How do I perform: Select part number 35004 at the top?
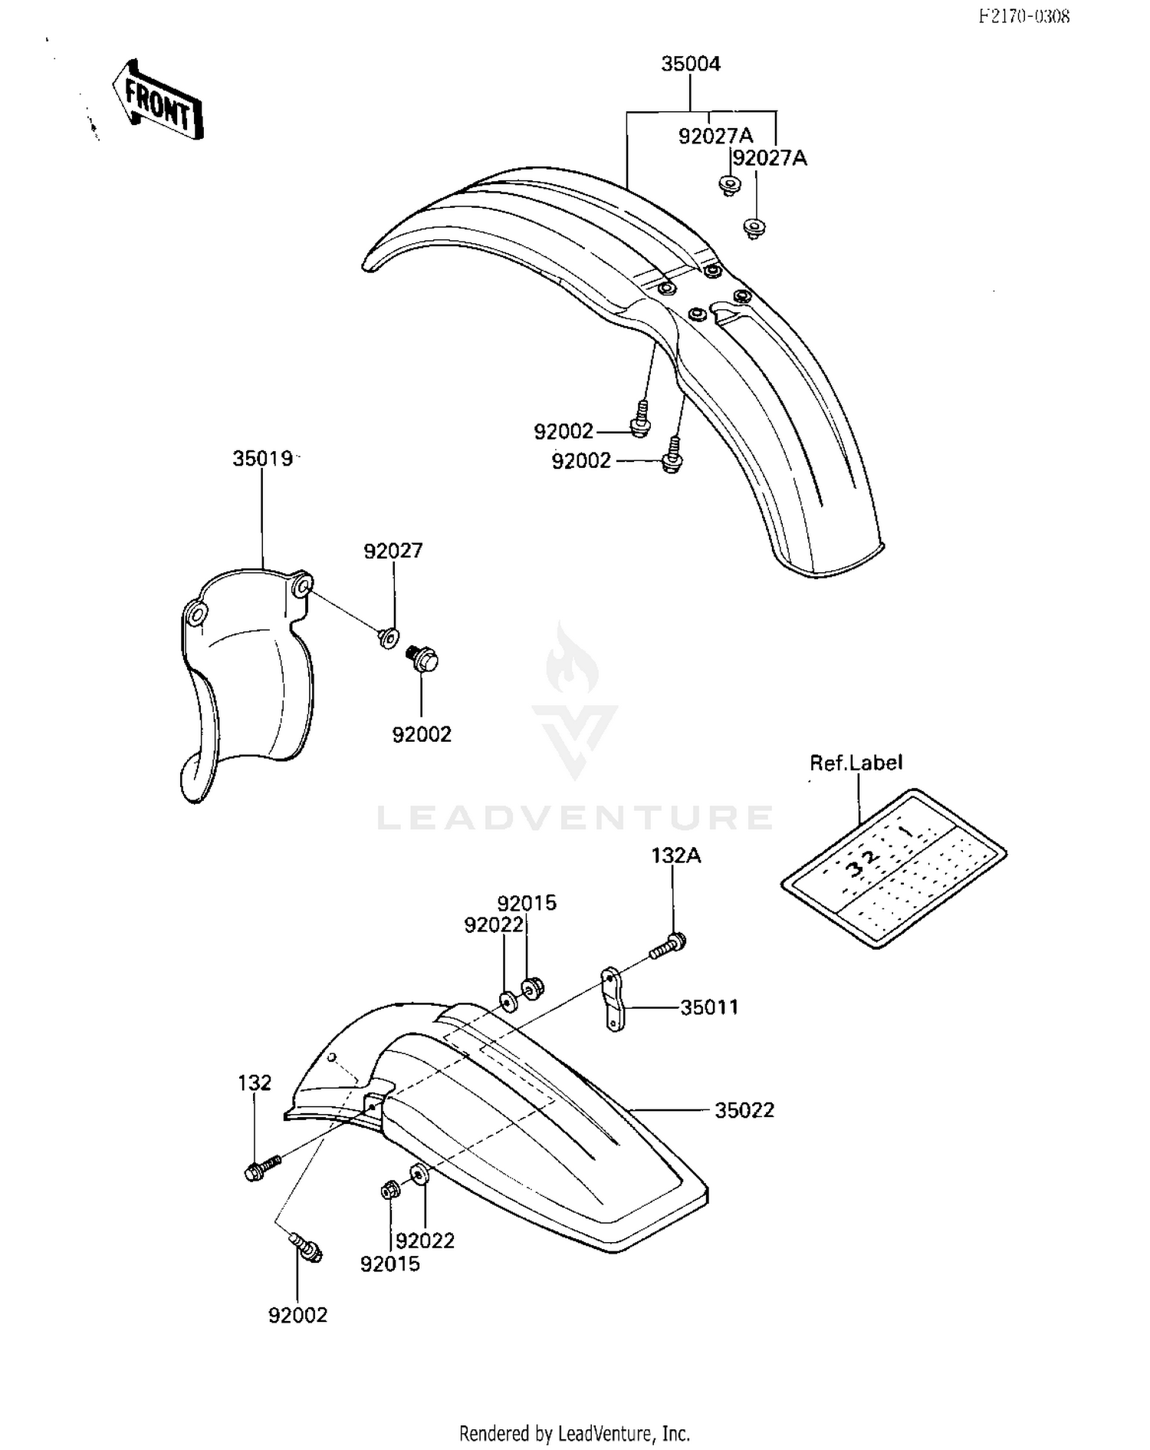[x=691, y=64]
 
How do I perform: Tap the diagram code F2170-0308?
[x=1024, y=16]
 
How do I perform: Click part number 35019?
[x=263, y=459]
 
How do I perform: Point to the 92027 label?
[x=393, y=551]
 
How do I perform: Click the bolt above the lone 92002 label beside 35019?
[x=422, y=658]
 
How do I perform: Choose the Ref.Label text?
[x=856, y=763]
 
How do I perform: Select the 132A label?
[x=676, y=855]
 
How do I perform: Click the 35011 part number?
[x=709, y=1007]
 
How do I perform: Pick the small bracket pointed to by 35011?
[x=613, y=999]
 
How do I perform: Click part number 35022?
[x=744, y=1110]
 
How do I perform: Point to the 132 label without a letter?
[x=255, y=1083]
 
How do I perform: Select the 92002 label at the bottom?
[x=297, y=1315]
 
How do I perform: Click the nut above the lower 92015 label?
[x=389, y=1191]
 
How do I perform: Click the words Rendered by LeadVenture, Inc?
[x=575, y=1432]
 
